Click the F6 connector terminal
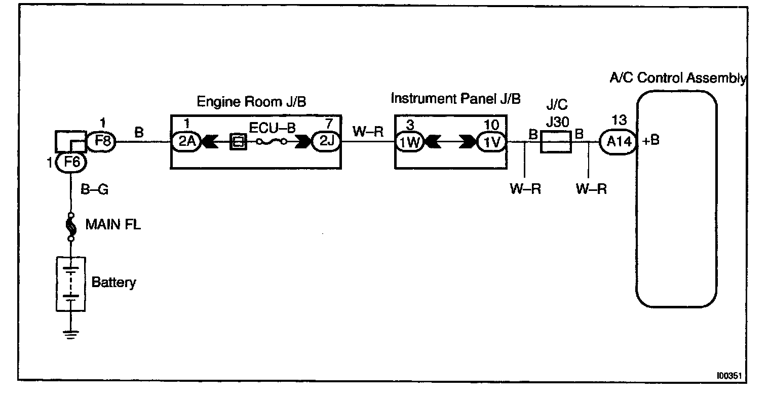(x=71, y=163)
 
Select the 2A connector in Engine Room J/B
(x=186, y=142)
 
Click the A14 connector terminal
(x=619, y=143)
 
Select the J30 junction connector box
(x=556, y=142)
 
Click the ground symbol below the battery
(x=71, y=334)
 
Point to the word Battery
(x=113, y=282)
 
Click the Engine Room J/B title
(x=251, y=102)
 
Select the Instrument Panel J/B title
(x=455, y=98)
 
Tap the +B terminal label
(x=651, y=141)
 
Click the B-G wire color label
(x=95, y=190)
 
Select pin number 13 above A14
(x=619, y=121)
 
